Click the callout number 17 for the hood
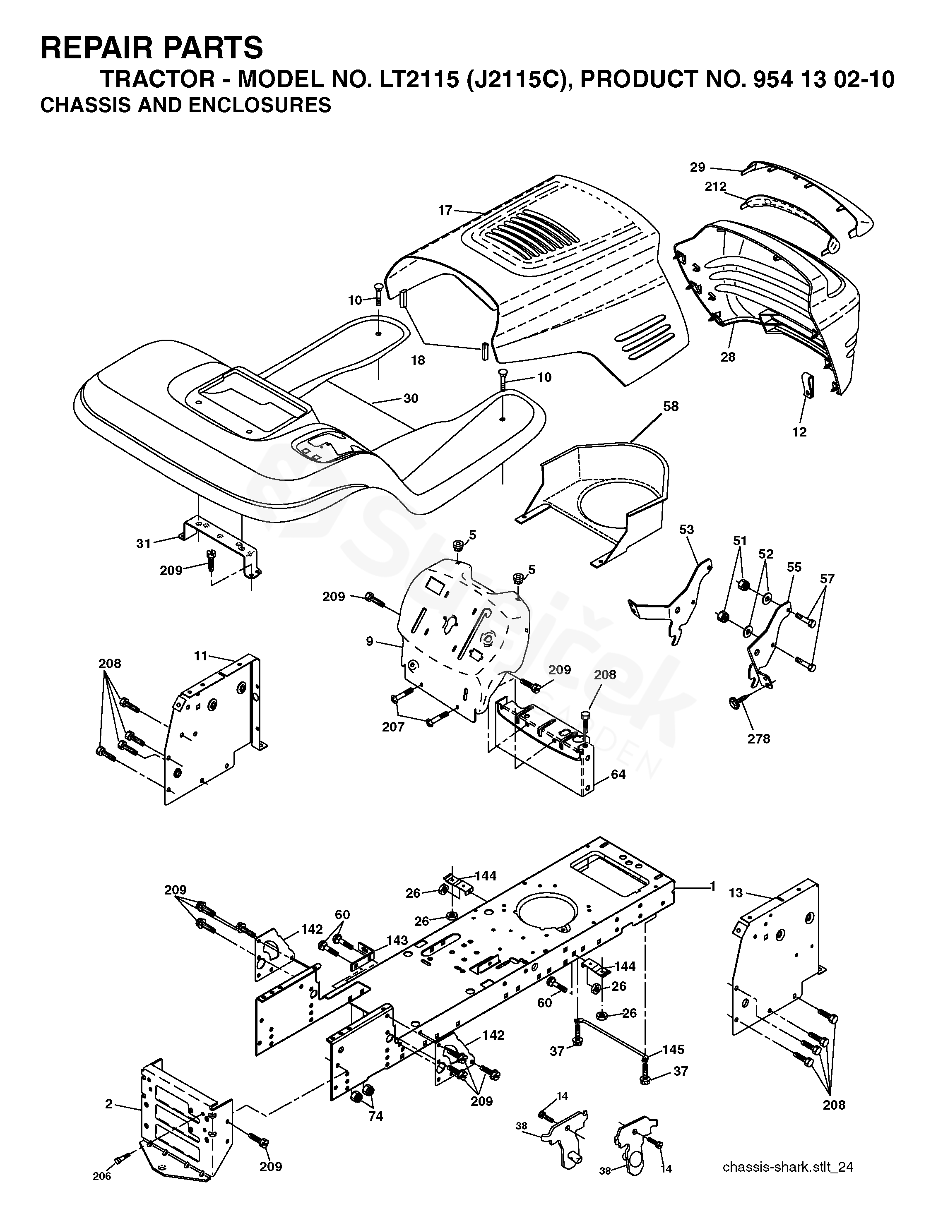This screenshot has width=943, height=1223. pos(445,211)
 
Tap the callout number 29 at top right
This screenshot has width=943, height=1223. pos(697,167)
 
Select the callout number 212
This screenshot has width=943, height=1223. pos(715,187)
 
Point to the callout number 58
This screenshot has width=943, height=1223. pos(670,407)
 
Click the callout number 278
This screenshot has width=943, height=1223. pos(759,739)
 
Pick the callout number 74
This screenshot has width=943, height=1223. pos(375,1116)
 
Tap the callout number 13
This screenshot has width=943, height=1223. pos(736,892)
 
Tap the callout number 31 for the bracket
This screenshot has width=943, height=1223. pos(144,543)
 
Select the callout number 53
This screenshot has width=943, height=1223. pos(686,530)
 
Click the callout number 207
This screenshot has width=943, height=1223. pos(393,727)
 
